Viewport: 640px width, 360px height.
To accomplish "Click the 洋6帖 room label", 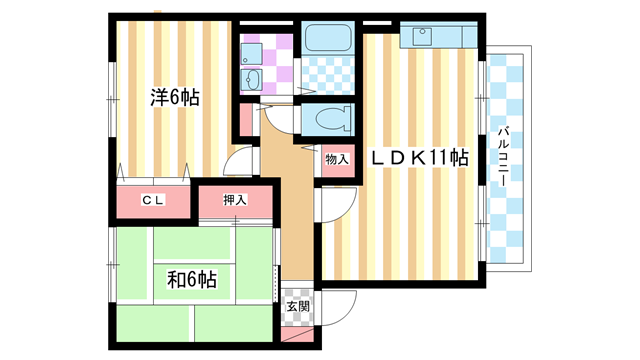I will coord(174,97).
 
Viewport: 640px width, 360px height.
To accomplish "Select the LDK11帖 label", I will coord(420,157).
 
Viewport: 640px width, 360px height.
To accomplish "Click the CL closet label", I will coord(151,201).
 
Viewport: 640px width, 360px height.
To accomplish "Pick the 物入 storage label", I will coord(337,158).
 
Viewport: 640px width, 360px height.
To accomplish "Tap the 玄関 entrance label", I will coord(297,307).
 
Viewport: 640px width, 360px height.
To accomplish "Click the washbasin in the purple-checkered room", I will coord(251,80).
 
